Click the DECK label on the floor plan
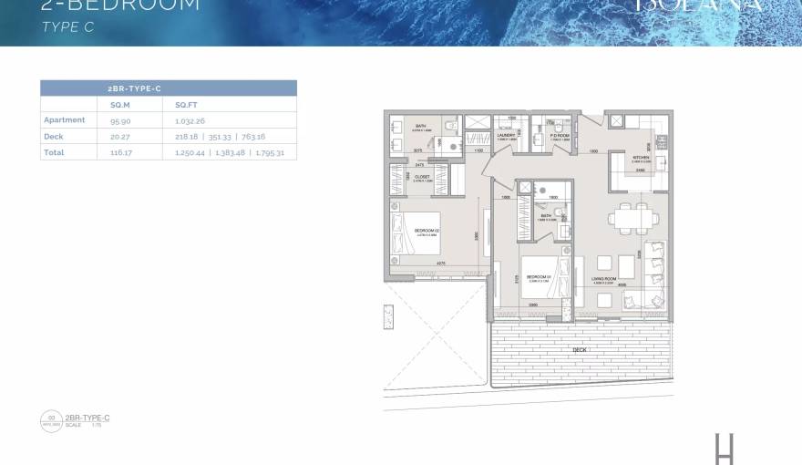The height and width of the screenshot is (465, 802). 581,349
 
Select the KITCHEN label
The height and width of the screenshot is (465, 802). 641,156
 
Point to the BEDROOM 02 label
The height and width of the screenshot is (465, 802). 427,231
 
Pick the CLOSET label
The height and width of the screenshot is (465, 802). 422,177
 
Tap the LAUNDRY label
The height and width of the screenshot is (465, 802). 507,134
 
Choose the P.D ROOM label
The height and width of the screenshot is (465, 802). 559,135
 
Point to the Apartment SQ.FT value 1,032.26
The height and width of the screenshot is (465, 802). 192,119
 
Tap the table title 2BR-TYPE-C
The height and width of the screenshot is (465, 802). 135,88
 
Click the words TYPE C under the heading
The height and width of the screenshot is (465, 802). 68,27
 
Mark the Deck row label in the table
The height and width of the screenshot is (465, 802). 53,136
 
